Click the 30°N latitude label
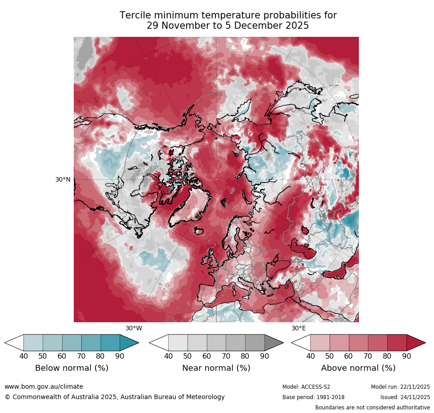click(x=63, y=179)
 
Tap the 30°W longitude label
click(x=134, y=329)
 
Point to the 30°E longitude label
click(x=299, y=329)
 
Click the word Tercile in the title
click(x=135, y=15)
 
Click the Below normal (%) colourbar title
click(x=72, y=368)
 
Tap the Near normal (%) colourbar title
click(x=216, y=368)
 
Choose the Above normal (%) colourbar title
click(x=358, y=368)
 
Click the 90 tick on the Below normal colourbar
click(x=120, y=356)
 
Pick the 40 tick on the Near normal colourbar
click(x=168, y=356)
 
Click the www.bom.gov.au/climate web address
click(x=44, y=386)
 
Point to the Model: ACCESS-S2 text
click(x=306, y=387)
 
